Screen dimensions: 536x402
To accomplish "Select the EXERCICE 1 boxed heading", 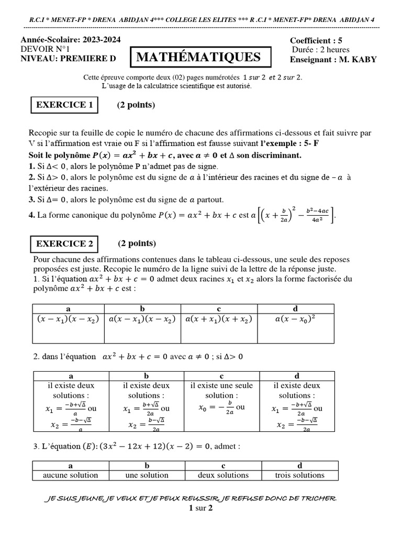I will click(64, 105).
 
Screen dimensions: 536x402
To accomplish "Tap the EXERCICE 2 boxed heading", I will click(65, 243).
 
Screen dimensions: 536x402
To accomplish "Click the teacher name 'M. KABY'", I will click(358, 59).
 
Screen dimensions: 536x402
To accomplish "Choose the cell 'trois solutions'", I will click(299, 475).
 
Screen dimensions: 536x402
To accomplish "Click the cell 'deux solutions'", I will click(223, 475).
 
